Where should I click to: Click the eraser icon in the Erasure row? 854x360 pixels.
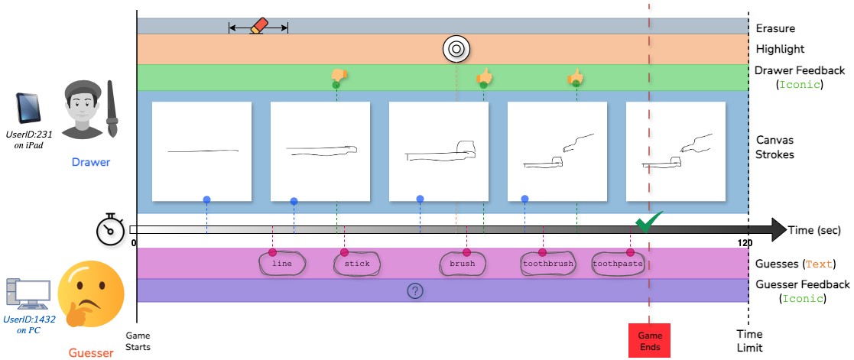(x=258, y=26)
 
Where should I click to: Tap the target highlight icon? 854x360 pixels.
(x=456, y=50)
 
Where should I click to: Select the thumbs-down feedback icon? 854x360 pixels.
(x=339, y=75)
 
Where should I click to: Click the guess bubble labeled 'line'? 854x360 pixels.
(x=282, y=264)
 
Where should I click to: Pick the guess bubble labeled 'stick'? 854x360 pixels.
(x=357, y=264)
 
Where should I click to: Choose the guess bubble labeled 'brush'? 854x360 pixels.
(x=462, y=264)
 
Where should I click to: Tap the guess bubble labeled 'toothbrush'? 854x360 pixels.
(x=547, y=264)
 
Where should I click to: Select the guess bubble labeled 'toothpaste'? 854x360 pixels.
(x=617, y=264)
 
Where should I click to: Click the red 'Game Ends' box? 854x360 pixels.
(x=649, y=340)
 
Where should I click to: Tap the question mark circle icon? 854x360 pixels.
(x=415, y=290)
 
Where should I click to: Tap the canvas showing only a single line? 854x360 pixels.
(x=203, y=151)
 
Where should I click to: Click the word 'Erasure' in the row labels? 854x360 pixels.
(x=775, y=28)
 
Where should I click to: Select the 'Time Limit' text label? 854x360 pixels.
(x=749, y=340)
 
